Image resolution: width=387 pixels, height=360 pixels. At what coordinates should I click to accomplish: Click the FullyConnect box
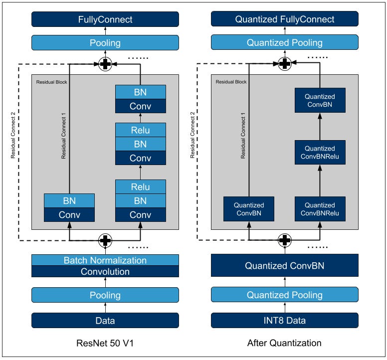105,19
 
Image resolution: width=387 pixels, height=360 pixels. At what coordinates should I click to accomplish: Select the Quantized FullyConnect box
285,19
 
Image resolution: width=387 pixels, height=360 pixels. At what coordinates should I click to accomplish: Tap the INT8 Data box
285,320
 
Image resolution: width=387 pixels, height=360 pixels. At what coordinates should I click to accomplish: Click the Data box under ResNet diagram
105,321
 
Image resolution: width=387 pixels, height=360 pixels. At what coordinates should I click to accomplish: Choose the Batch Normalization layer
105,260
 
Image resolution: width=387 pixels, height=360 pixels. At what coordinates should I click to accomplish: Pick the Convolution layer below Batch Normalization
105,271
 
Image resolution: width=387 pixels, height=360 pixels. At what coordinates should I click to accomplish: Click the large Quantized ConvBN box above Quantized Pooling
285,265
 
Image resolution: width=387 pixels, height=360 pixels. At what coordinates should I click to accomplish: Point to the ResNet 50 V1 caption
105,343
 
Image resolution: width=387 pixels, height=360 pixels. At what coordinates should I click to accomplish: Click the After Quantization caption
284,343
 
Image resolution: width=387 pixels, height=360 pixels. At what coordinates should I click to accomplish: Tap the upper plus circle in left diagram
105,64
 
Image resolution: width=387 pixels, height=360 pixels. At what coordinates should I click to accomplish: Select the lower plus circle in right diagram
285,240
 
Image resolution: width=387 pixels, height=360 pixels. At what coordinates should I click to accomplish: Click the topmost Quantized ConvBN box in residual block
320,100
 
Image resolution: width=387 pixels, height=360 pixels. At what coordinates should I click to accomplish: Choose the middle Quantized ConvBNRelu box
320,152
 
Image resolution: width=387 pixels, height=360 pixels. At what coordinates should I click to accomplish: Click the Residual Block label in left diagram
51,82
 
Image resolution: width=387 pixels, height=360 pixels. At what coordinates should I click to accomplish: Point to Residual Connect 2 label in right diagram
193,135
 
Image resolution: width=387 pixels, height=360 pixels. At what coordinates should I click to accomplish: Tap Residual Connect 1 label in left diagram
63,136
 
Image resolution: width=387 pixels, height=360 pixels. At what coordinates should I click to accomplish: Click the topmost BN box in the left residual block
141,92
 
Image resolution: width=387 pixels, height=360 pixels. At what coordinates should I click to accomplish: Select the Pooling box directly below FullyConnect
105,43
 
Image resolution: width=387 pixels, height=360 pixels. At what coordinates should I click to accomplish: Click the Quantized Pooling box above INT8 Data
285,295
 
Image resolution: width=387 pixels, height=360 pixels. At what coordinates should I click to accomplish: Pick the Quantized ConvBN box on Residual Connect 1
249,209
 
